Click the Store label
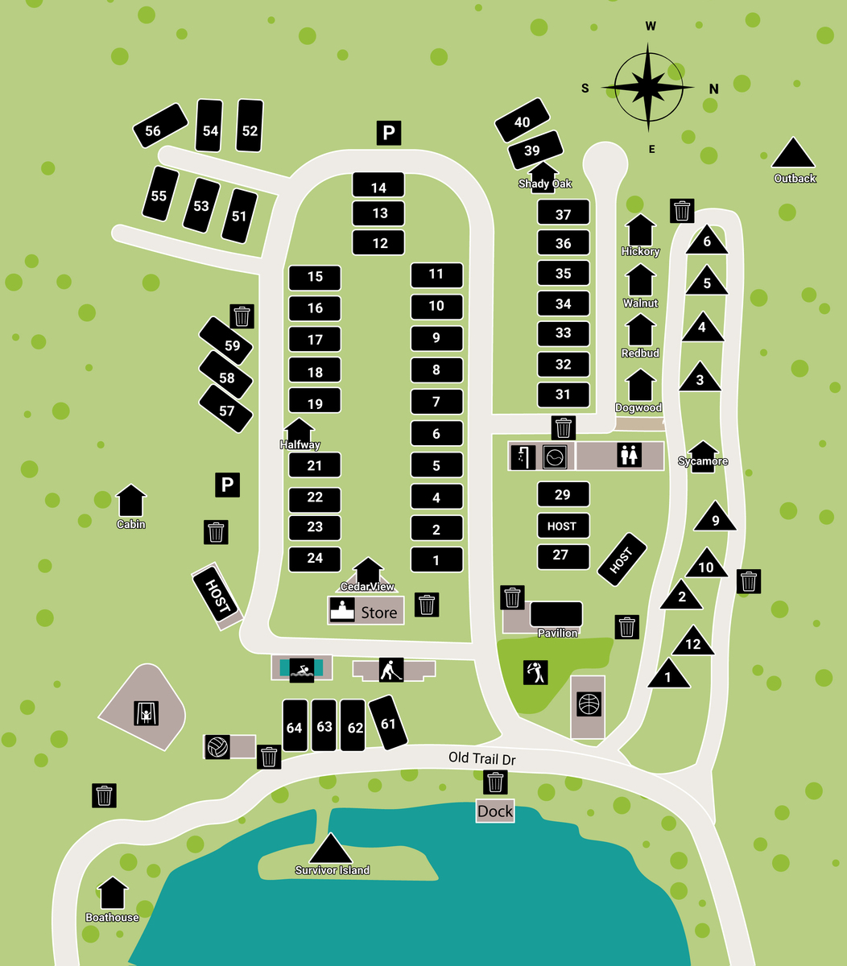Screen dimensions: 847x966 pos(378,613)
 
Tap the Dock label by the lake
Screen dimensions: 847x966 pos(495,811)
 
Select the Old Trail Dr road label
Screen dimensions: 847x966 pos(481,758)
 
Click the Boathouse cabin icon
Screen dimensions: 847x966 pos(113,894)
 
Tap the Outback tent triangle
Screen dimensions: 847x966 pos(794,154)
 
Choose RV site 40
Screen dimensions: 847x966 pos(523,122)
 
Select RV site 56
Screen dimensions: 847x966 pos(153,130)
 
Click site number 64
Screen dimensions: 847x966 pos(295,727)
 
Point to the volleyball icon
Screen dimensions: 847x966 pos(217,747)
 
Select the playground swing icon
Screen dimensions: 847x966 pos(146,712)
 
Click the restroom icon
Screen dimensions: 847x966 pos(629,456)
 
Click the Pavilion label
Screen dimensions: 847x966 pos(557,634)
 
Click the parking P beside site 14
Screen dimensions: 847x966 pos(388,133)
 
